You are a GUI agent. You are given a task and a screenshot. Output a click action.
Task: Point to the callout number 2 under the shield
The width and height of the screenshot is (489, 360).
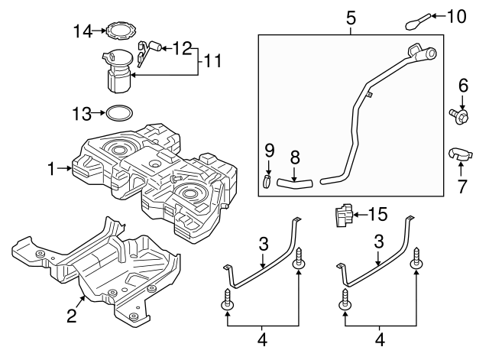click(71, 316)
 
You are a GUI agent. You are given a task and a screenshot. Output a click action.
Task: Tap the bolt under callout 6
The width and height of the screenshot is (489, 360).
click(458, 115)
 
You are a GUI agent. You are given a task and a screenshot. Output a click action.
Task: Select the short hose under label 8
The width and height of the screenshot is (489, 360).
click(294, 183)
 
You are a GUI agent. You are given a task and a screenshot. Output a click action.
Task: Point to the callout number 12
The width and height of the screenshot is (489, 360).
click(183, 48)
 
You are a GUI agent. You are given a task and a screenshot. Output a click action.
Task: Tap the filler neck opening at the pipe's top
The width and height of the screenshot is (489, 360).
click(426, 54)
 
